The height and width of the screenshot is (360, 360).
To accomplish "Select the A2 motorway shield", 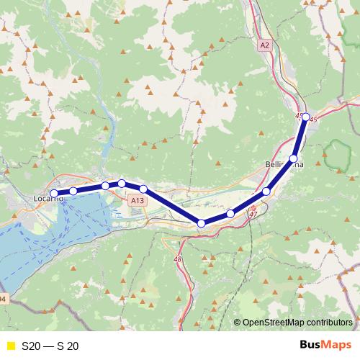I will (x=264, y=45).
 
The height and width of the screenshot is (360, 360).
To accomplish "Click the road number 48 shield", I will (x=178, y=258).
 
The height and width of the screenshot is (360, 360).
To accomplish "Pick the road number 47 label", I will (x=253, y=215).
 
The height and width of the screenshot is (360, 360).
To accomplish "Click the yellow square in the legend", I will (x=10, y=346).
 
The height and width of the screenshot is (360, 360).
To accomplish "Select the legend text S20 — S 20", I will (x=50, y=346).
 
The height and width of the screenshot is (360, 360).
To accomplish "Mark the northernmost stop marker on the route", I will (x=305, y=117).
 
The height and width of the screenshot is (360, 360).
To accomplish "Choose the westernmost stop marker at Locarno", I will (x=54, y=193).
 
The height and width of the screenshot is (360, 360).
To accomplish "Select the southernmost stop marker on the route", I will (x=202, y=224).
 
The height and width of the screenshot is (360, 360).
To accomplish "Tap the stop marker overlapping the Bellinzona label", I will (x=293, y=158).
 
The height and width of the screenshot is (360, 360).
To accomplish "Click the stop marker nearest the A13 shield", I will (x=143, y=189).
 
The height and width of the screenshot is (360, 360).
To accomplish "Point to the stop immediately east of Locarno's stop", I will (x=73, y=191).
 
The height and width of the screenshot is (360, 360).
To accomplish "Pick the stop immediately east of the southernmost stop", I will (x=230, y=214).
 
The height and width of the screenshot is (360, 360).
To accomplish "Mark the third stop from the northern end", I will (x=266, y=192).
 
